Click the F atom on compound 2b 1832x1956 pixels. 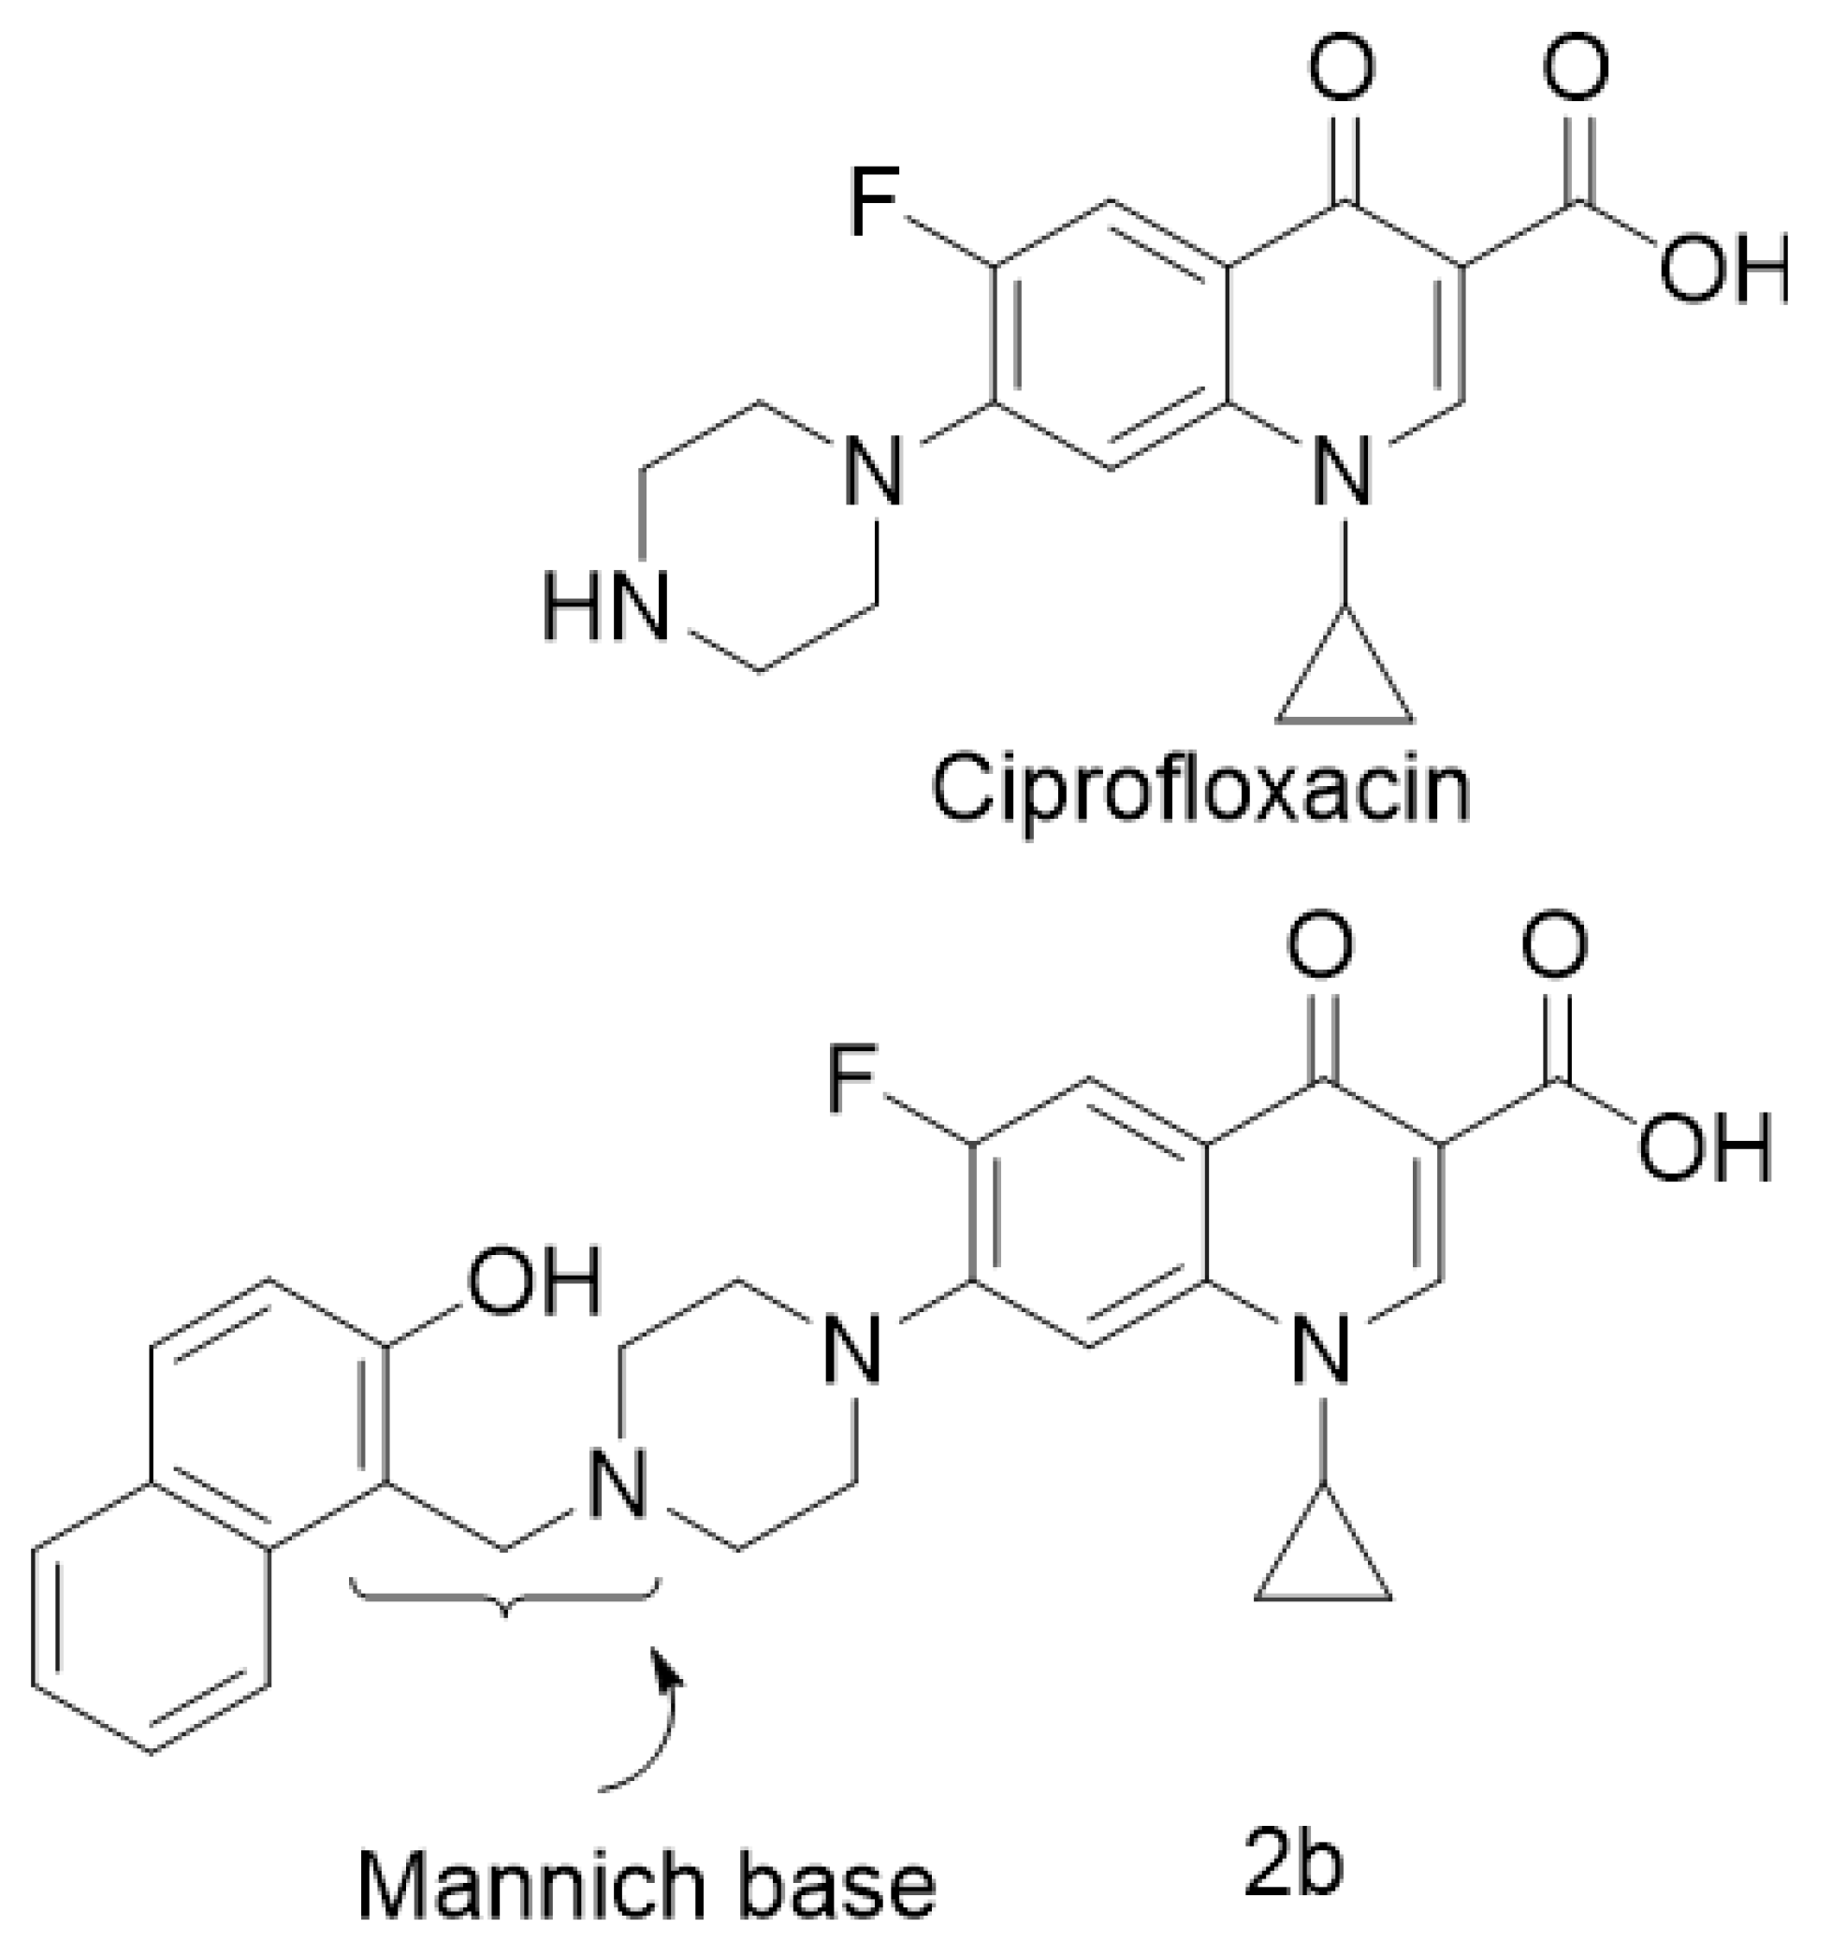coord(851,1082)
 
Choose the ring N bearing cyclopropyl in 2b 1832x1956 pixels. coord(1322,1348)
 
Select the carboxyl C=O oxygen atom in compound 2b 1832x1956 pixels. coord(1554,944)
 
